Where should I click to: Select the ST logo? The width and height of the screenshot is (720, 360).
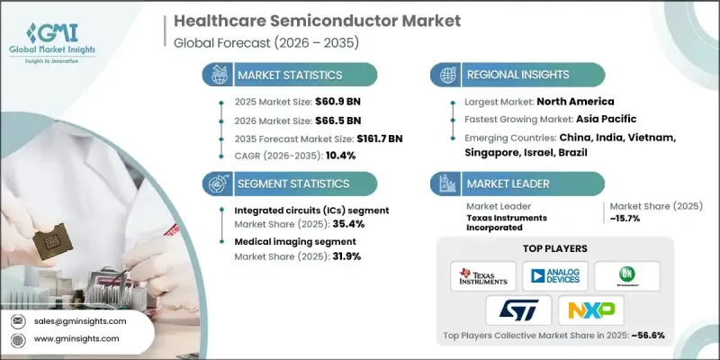(x=518, y=311)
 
